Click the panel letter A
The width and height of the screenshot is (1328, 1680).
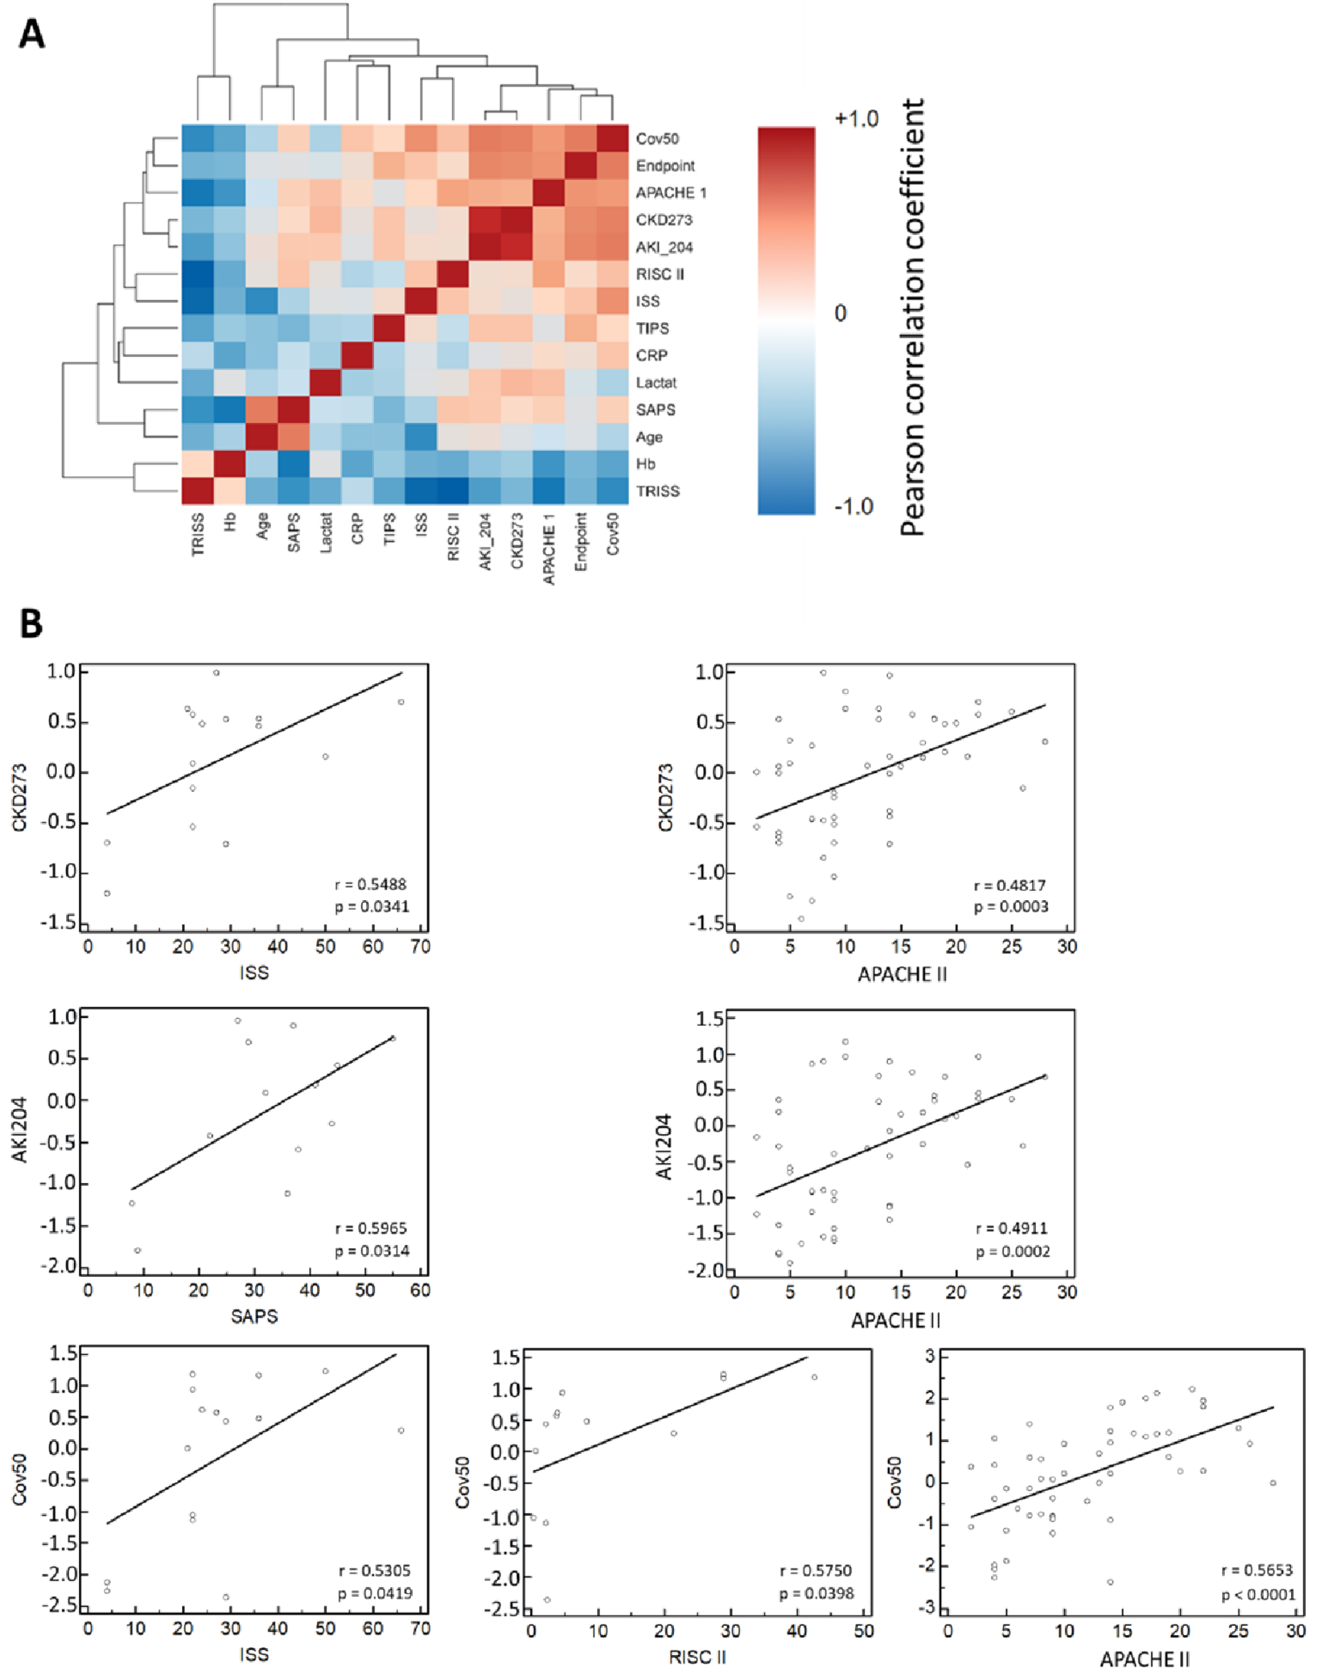pyautogui.click(x=31, y=35)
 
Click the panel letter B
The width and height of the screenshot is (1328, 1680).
pyautogui.click(x=31, y=623)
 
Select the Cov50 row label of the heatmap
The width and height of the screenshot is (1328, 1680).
pyautogui.click(x=656, y=139)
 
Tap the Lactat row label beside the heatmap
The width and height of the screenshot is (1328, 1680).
pyautogui.click(x=655, y=382)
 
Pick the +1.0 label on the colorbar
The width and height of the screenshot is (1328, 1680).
pyautogui.click(x=856, y=119)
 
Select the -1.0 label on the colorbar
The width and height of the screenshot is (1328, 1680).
pyautogui.click(x=855, y=506)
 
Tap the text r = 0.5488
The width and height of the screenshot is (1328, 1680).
pyautogui.click(x=370, y=884)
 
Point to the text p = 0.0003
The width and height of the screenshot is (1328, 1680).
pyautogui.click(x=1010, y=906)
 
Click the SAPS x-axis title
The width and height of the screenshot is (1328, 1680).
pyautogui.click(x=254, y=1316)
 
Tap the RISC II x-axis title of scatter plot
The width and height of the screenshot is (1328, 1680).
pyautogui.click(x=697, y=1657)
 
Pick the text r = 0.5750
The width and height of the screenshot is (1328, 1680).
pyautogui.click(x=815, y=1571)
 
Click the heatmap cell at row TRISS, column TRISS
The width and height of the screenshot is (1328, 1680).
pyautogui.click(x=198, y=491)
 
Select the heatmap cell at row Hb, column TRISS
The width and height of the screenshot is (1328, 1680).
pyautogui.click(x=198, y=464)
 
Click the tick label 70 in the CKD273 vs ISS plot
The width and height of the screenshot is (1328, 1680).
pyautogui.click(x=421, y=947)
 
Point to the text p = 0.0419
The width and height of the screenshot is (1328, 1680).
pyautogui.click(x=375, y=1594)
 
